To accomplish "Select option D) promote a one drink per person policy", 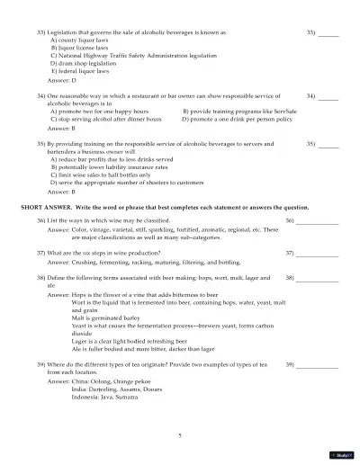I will point(238,119).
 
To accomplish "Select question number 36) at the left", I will point(40,220).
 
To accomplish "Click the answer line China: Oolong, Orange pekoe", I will point(108,382).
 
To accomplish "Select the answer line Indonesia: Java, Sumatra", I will point(110,398).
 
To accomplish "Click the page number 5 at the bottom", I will point(180,434).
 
